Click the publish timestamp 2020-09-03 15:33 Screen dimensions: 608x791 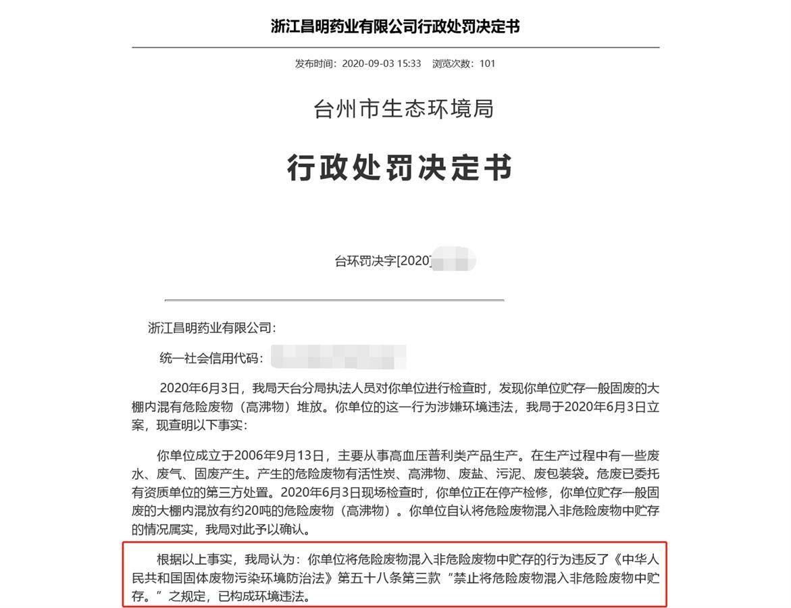[381, 64]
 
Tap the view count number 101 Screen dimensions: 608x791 [488, 64]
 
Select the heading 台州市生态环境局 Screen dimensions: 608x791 [404, 108]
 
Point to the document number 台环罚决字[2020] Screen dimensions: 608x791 [383, 261]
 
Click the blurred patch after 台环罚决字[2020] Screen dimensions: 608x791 [454, 261]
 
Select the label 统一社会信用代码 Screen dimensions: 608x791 [210, 358]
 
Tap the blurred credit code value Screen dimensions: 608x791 [338, 357]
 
